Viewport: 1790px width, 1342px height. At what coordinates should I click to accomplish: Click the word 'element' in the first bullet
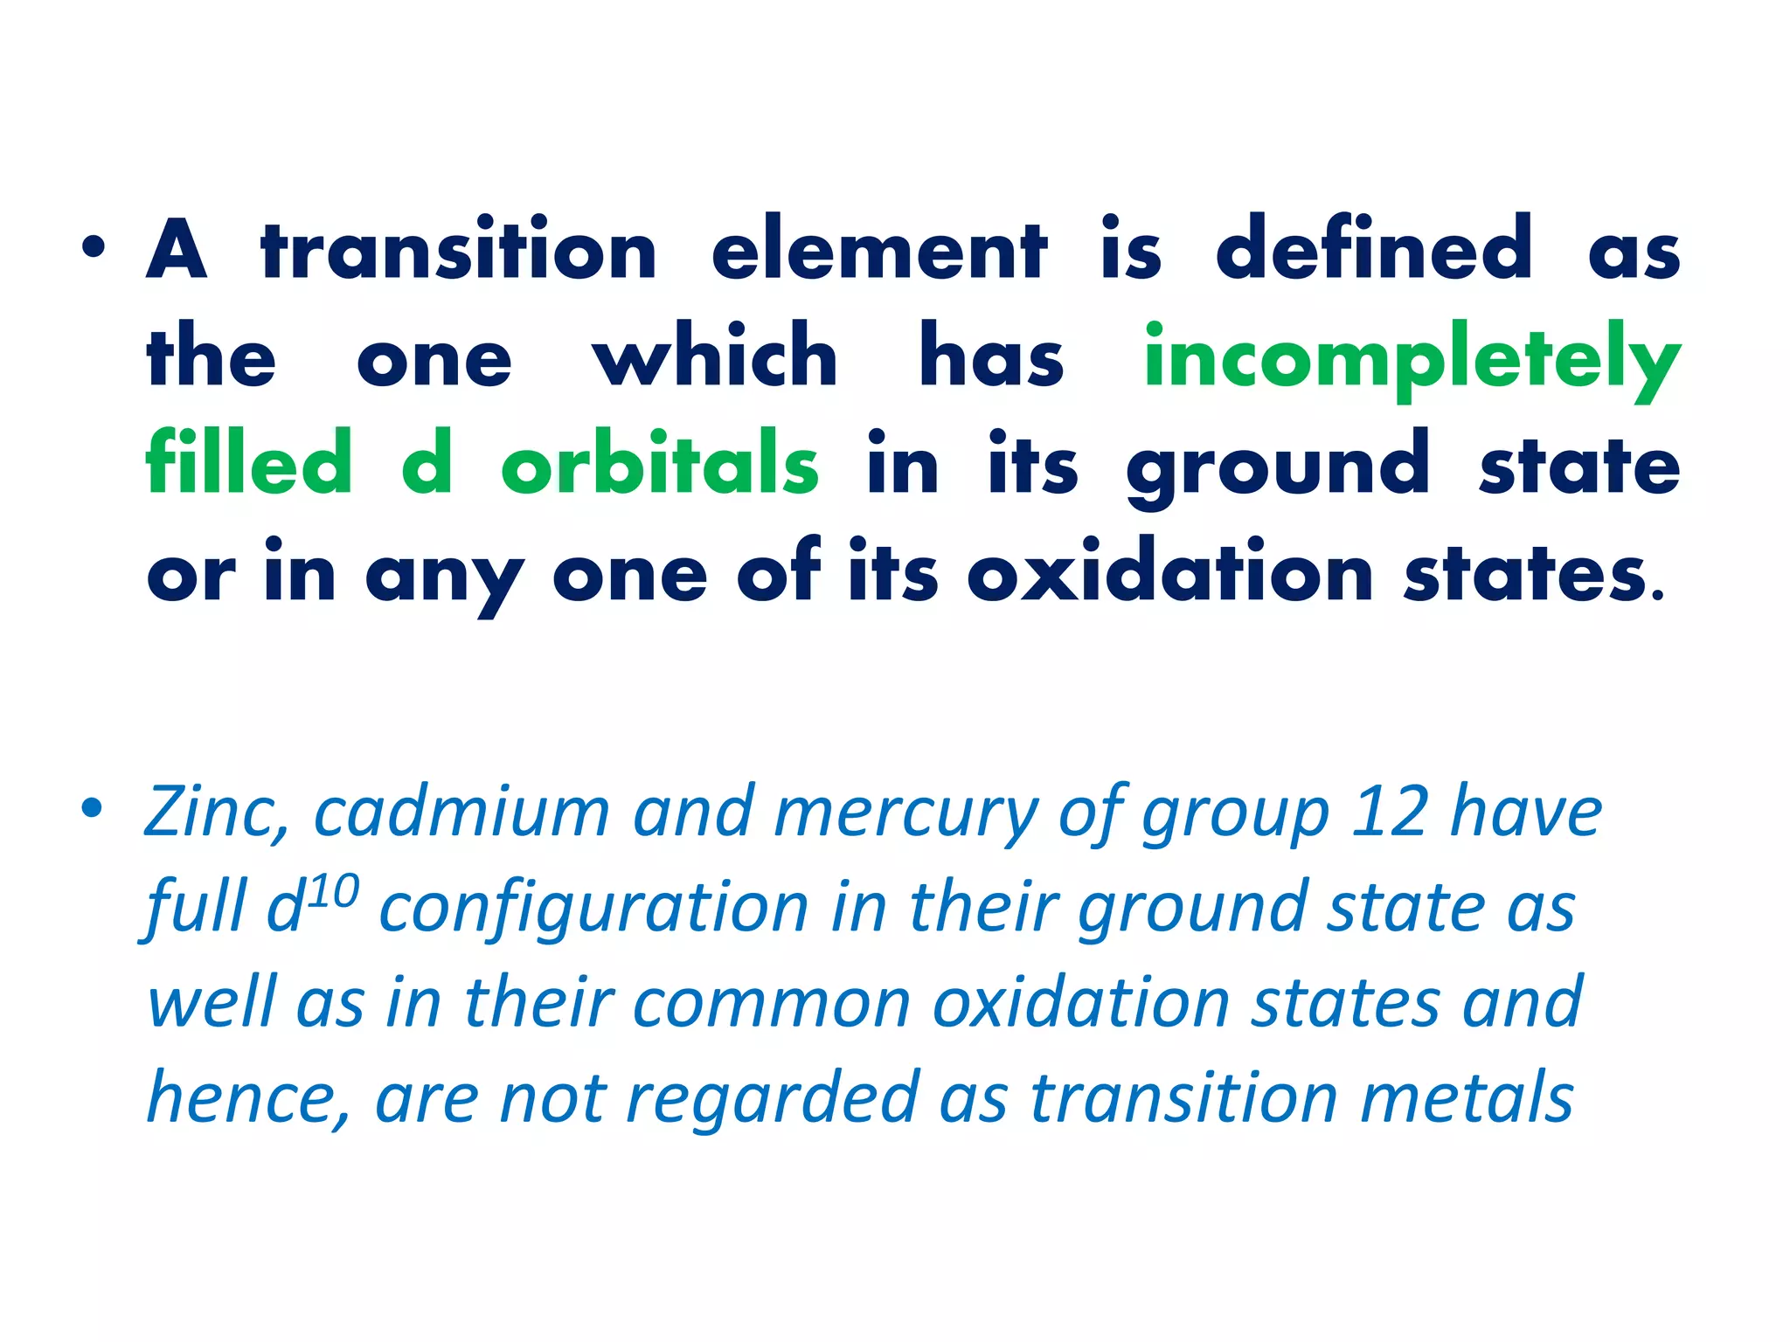pyautogui.click(x=878, y=251)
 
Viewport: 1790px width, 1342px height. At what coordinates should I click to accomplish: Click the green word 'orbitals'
pyautogui.click(x=660, y=464)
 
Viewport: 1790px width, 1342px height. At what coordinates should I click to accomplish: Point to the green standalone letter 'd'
pyautogui.click(x=427, y=464)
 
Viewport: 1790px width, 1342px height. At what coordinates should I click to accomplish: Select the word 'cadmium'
pyautogui.click(x=461, y=813)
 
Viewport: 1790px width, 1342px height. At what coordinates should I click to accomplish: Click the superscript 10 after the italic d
pyautogui.click(x=333, y=892)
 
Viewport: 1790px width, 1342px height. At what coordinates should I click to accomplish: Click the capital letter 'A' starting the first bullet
pyautogui.click(x=177, y=251)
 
